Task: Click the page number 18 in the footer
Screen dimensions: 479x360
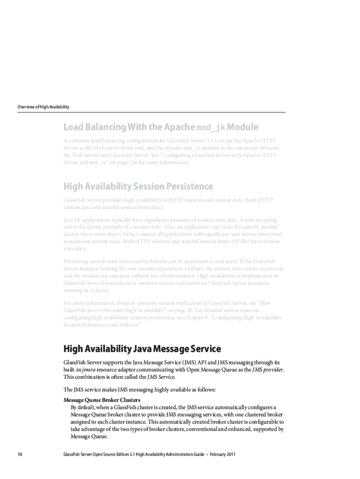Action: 20,454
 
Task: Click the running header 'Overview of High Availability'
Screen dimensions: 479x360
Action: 43,107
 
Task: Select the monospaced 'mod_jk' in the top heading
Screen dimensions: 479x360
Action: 210,127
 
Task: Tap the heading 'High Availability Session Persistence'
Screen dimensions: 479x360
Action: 138,187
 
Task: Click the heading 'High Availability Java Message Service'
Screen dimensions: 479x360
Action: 142,349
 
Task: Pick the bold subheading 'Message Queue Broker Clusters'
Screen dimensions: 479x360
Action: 101,400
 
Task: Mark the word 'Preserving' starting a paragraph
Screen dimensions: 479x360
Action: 77,261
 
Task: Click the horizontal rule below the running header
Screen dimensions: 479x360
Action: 151,112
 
